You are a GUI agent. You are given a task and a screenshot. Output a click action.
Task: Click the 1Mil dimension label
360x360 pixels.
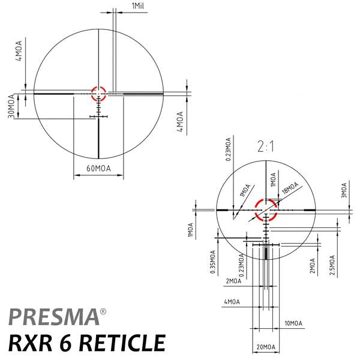click(x=138, y=6)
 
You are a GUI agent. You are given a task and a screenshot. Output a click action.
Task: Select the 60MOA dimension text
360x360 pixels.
click(x=98, y=169)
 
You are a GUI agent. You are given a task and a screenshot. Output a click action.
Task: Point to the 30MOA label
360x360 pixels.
click(x=11, y=106)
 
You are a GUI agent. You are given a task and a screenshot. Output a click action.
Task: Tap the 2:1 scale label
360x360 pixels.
click(x=266, y=146)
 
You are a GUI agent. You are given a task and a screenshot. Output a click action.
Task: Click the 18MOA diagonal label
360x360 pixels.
click(x=290, y=188)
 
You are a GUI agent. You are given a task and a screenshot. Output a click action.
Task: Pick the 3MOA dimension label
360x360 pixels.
click(x=344, y=190)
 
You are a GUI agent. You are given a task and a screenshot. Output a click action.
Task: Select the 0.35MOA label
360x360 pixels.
click(x=213, y=262)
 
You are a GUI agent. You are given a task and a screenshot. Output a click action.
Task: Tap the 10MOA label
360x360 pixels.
click(x=293, y=323)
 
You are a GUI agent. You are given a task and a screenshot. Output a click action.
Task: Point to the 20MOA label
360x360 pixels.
click(x=266, y=347)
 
